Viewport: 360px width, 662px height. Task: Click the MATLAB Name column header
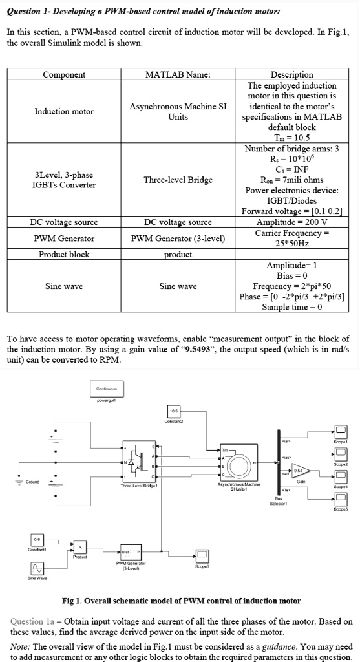pyautogui.click(x=178, y=75)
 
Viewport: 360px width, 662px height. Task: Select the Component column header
pyautogui.click(x=64, y=75)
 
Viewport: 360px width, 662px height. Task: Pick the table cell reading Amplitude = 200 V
pyautogui.click(x=291, y=222)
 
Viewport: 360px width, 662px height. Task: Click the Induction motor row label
pyautogui.click(x=64, y=111)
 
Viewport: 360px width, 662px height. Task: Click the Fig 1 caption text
pyautogui.click(x=180, y=601)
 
